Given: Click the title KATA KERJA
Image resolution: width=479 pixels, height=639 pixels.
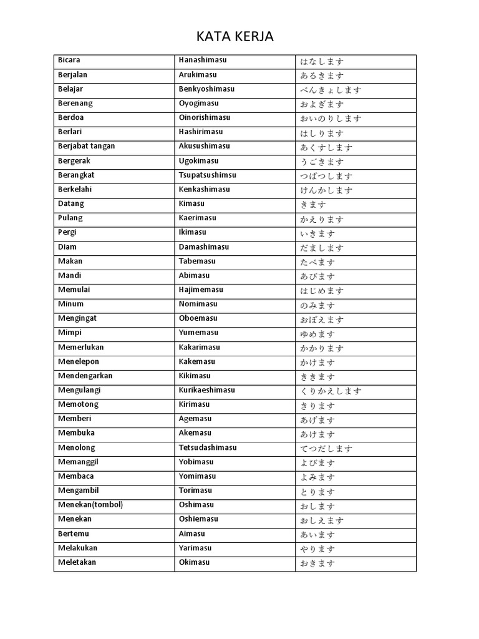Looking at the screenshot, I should point(235,37).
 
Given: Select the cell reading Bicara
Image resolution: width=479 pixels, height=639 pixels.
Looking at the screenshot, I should point(69,60).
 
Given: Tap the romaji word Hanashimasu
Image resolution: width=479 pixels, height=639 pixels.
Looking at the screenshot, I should point(203,60).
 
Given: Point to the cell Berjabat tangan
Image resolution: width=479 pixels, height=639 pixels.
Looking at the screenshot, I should point(87,146).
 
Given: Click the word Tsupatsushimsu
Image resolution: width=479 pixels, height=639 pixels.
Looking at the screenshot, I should point(208,175).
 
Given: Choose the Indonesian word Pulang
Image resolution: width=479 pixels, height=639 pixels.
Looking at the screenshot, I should point(70,218).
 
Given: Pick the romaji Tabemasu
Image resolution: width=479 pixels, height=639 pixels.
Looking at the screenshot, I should point(197,261).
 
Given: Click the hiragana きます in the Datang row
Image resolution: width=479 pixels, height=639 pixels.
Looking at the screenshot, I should point(313,205).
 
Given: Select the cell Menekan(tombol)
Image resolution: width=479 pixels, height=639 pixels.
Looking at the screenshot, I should point(91,504).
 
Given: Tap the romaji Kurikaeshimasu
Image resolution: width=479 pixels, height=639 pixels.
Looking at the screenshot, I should point(207,390).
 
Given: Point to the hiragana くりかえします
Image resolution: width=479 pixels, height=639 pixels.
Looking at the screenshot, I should point(331,391).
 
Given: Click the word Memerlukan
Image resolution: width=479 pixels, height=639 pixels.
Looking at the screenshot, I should point(81,347).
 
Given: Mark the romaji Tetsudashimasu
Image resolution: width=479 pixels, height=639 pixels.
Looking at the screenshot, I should point(208,447).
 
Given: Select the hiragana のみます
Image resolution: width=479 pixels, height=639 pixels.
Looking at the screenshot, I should point(317,305).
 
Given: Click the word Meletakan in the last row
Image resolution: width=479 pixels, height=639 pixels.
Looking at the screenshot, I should point(77,562).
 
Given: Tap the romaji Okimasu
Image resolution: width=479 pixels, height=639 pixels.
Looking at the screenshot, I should point(195,562).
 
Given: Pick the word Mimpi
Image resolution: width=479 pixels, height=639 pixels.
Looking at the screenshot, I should point(70,333).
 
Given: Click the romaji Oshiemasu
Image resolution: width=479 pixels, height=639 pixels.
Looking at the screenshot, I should point(198,519).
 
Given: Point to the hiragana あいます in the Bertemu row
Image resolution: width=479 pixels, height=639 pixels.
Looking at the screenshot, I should point(317,535).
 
